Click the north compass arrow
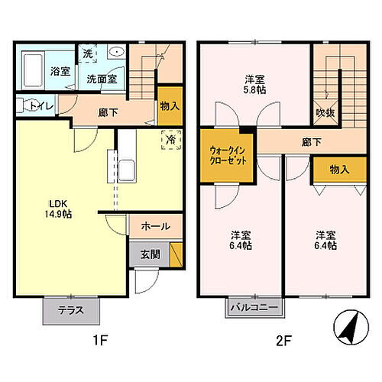(348, 327)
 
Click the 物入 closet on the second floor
(338, 170)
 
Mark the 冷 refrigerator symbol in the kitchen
(171, 141)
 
